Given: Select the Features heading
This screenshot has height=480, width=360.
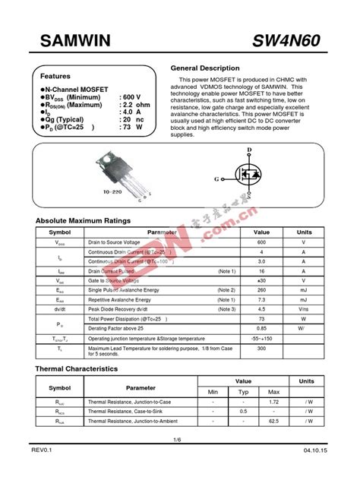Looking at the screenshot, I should point(55,77).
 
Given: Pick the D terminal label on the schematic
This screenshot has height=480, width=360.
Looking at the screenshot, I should point(249,150).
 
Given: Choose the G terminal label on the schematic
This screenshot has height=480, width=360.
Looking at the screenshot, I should point(218,178).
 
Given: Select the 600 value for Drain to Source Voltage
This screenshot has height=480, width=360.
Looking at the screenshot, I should point(261,242).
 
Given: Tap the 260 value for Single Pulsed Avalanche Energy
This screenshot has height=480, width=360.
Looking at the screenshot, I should point(261,289).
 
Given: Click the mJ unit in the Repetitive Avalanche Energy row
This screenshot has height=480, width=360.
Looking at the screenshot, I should point(304,299).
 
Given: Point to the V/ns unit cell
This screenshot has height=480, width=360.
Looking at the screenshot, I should point(304,309).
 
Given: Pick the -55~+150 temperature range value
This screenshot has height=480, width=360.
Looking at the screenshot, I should point(261,338).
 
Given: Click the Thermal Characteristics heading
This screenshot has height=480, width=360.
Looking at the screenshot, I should point(77,368).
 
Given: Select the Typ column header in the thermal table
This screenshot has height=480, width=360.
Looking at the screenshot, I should point(244,391).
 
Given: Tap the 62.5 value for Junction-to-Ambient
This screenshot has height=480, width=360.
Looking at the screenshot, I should point(274,420).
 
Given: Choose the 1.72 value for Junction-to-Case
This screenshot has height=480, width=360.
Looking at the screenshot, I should point(274,401).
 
